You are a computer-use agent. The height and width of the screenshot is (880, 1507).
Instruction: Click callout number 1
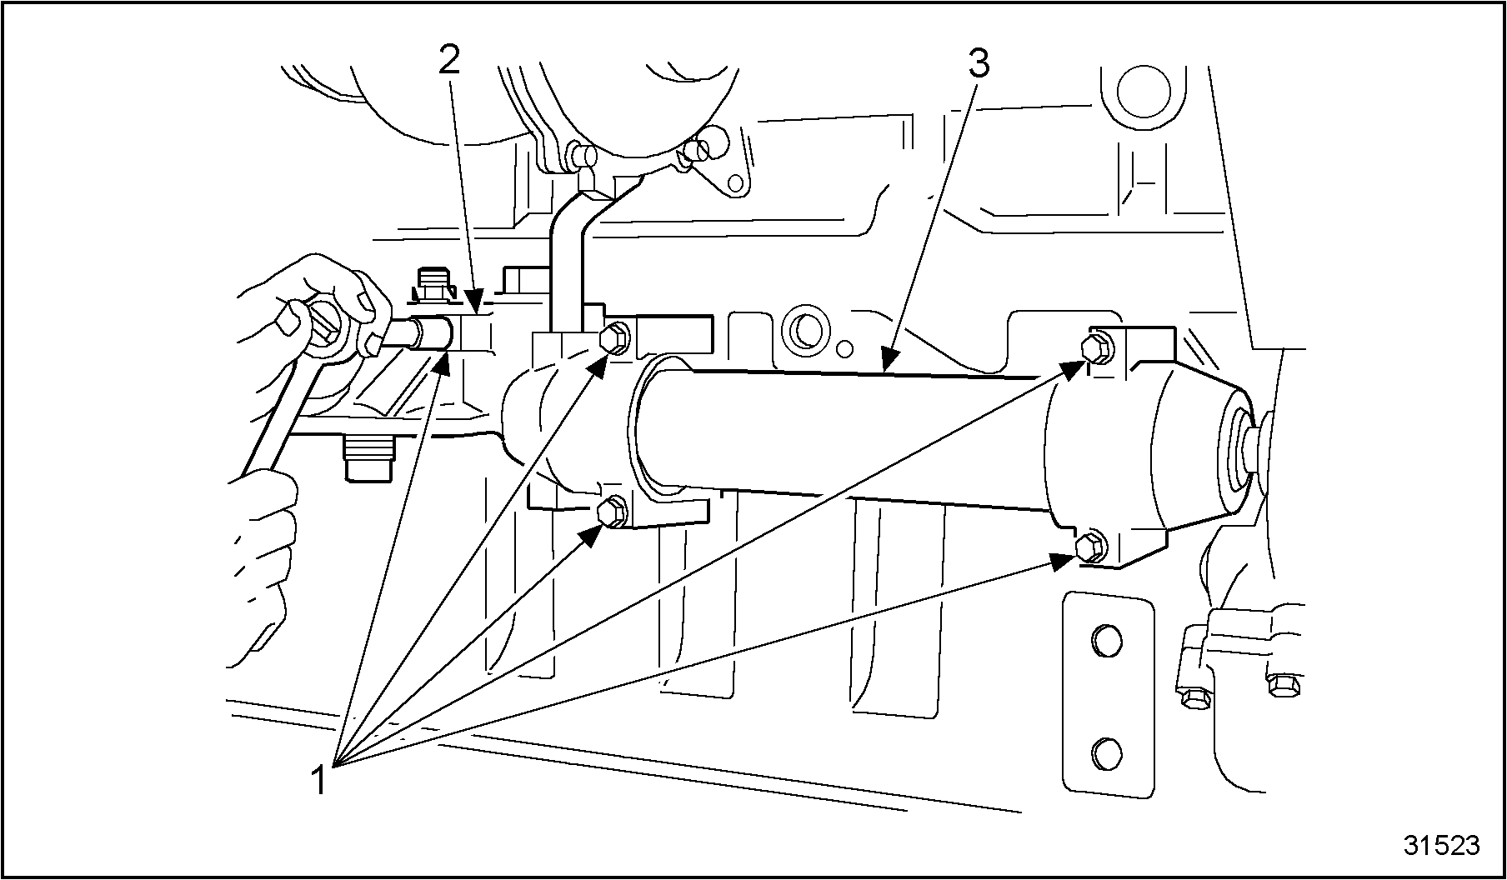click(318, 782)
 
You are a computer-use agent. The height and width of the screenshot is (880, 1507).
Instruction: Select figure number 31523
click(1441, 845)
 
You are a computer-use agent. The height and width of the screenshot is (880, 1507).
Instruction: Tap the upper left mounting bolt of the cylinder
click(613, 337)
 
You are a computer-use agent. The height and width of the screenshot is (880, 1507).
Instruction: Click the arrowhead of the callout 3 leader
click(888, 360)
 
